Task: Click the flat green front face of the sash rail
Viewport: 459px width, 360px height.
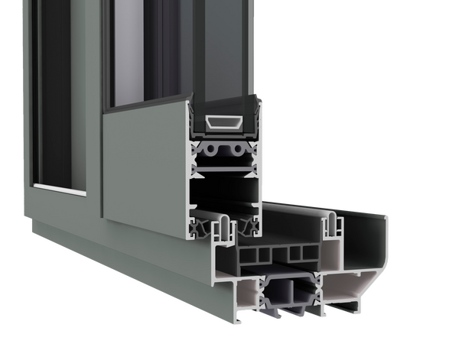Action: pyautogui.click(x=142, y=168)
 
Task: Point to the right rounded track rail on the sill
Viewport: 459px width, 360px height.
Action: pyautogui.click(x=332, y=222)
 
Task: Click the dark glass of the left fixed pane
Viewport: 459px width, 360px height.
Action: pyautogui.click(x=54, y=92)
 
